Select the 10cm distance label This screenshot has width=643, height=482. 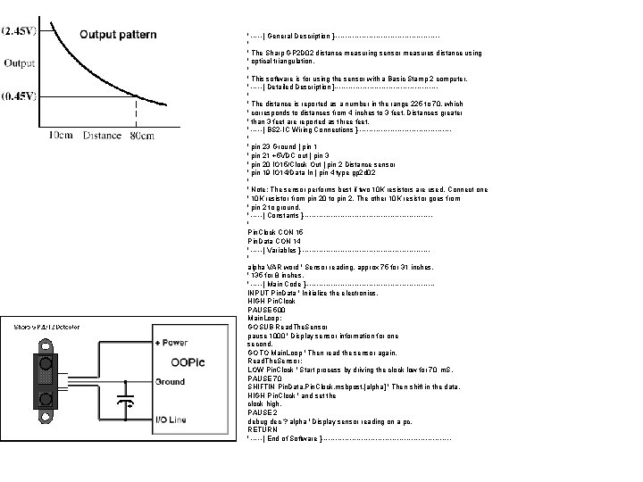coord(60,136)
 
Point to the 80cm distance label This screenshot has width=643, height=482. coord(140,136)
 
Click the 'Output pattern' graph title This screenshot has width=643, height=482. coord(119,35)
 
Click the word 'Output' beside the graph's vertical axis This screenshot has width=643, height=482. coord(20,63)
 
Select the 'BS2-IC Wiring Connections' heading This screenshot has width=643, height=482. coord(305,129)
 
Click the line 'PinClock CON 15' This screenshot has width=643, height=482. coord(276,231)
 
